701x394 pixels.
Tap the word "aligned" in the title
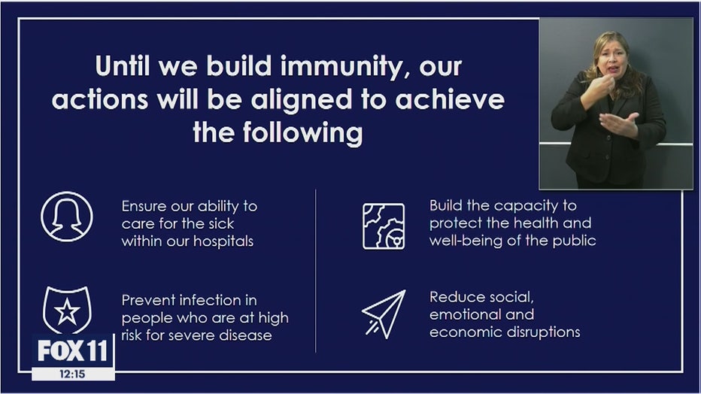[x=302, y=99]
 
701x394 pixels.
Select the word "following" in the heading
[x=302, y=133]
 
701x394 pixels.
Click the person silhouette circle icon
[x=67, y=217]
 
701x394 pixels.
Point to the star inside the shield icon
[x=67, y=311]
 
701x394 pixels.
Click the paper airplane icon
[x=384, y=314]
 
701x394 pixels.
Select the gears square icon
[x=384, y=226]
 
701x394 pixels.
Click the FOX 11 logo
[x=73, y=350]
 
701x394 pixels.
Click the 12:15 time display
[x=72, y=374]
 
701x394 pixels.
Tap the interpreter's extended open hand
[x=619, y=123]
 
